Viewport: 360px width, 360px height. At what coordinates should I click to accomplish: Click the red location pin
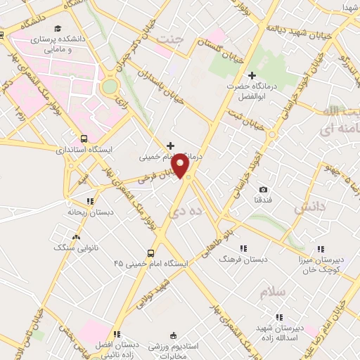(181, 166)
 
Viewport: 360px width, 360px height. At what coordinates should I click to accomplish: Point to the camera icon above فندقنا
(263, 189)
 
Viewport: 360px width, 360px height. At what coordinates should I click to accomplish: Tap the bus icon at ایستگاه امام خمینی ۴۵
(150, 253)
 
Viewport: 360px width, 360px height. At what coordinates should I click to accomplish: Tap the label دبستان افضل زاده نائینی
(117, 350)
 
